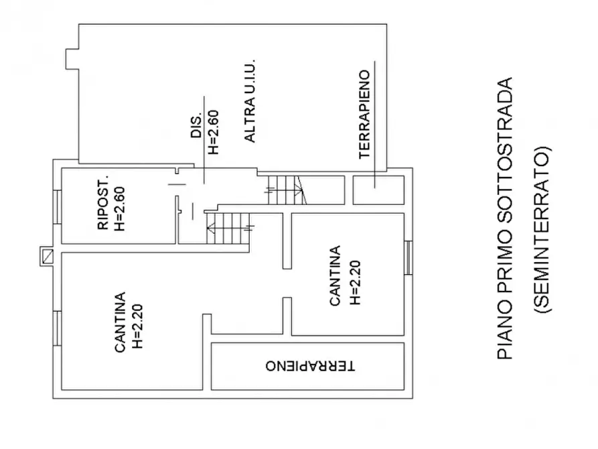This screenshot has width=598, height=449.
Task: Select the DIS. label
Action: (197, 126)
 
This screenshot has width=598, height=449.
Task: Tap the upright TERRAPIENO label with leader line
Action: (365, 115)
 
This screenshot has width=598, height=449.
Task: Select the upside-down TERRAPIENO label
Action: (310, 367)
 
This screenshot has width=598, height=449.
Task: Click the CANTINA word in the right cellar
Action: (335, 275)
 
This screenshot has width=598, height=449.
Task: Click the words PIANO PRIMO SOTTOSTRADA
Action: (506, 218)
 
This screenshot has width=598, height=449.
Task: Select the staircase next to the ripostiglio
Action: (228, 229)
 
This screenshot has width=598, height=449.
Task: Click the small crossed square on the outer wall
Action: (46, 255)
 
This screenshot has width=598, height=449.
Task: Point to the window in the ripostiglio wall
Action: (57, 205)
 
